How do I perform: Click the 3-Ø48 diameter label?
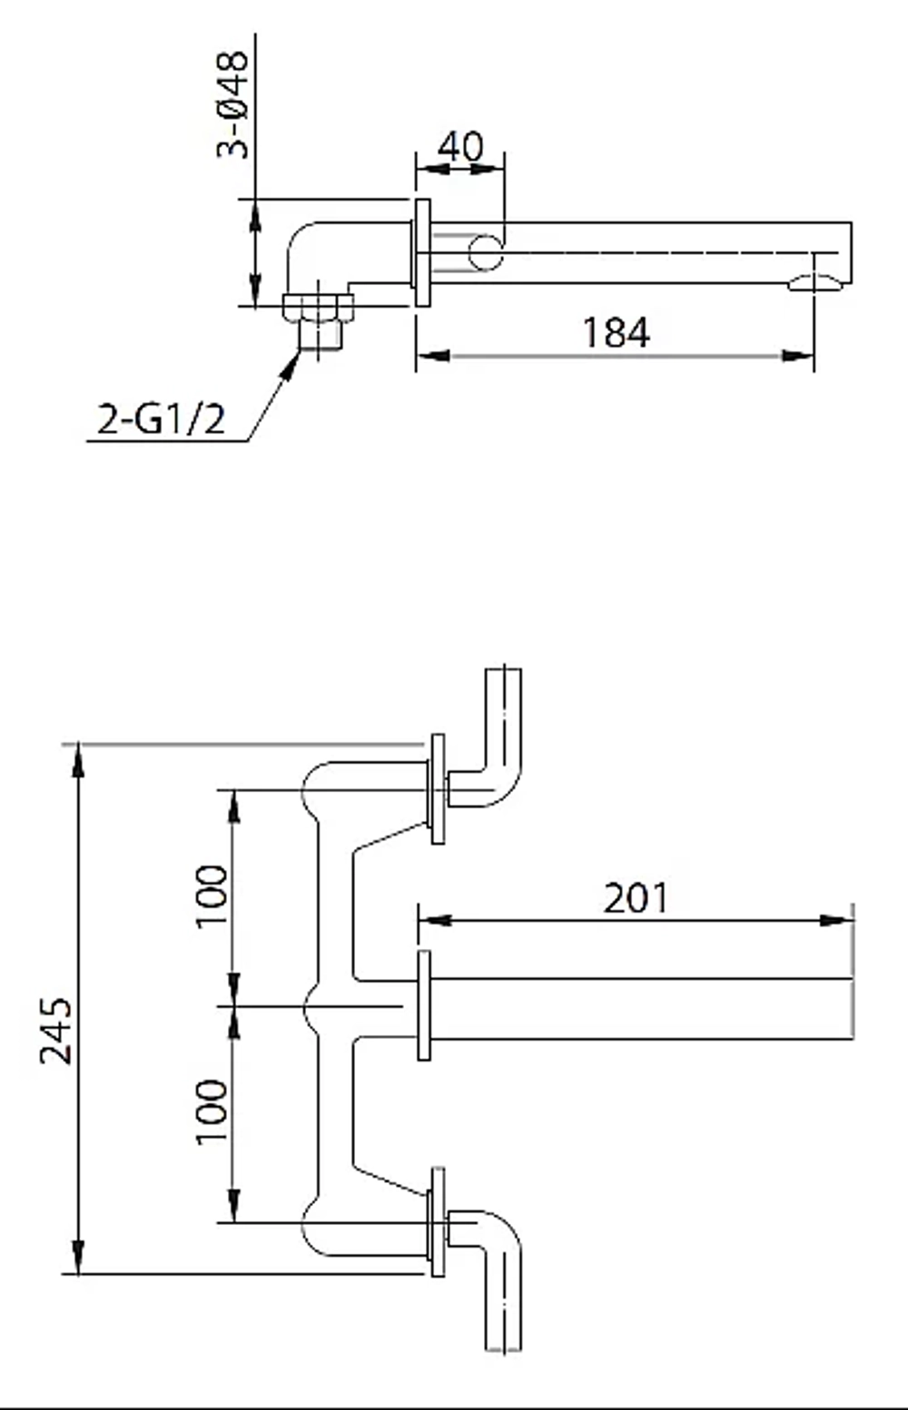pyautogui.click(x=232, y=104)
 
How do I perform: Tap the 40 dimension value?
pyautogui.click(x=460, y=147)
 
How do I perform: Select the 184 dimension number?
pyautogui.click(x=616, y=332)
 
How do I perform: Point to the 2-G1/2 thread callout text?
pyautogui.click(x=162, y=419)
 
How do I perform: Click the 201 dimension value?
pyautogui.click(x=636, y=898)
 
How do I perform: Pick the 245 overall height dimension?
pyautogui.click(x=56, y=1031)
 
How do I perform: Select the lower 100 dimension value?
pyautogui.click(x=212, y=1111)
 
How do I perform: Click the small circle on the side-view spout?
pyautogui.click(x=485, y=253)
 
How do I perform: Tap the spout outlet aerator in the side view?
pyautogui.click(x=815, y=283)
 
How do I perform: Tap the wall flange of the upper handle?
pyautogui.click(x=438, y=788)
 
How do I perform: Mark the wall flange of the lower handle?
pyautogui.click(x=438, y=1222)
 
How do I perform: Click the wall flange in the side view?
pyautogui.click(x=422, y=253)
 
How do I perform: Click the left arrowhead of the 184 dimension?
pyautogui.click(x=433, y=357)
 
